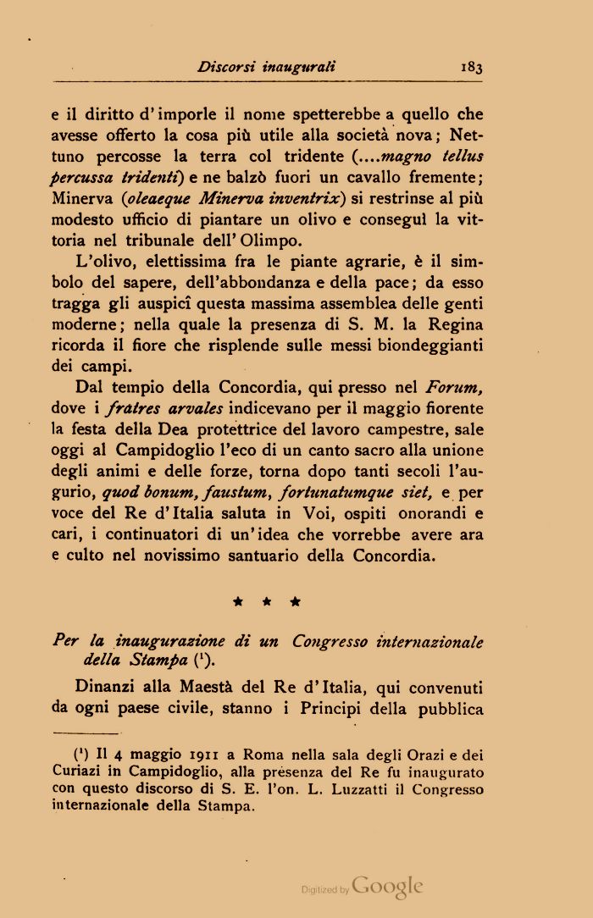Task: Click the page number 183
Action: [472, 65]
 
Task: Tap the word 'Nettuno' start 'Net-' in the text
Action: [467, 134]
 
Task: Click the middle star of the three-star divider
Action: [266, 603]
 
